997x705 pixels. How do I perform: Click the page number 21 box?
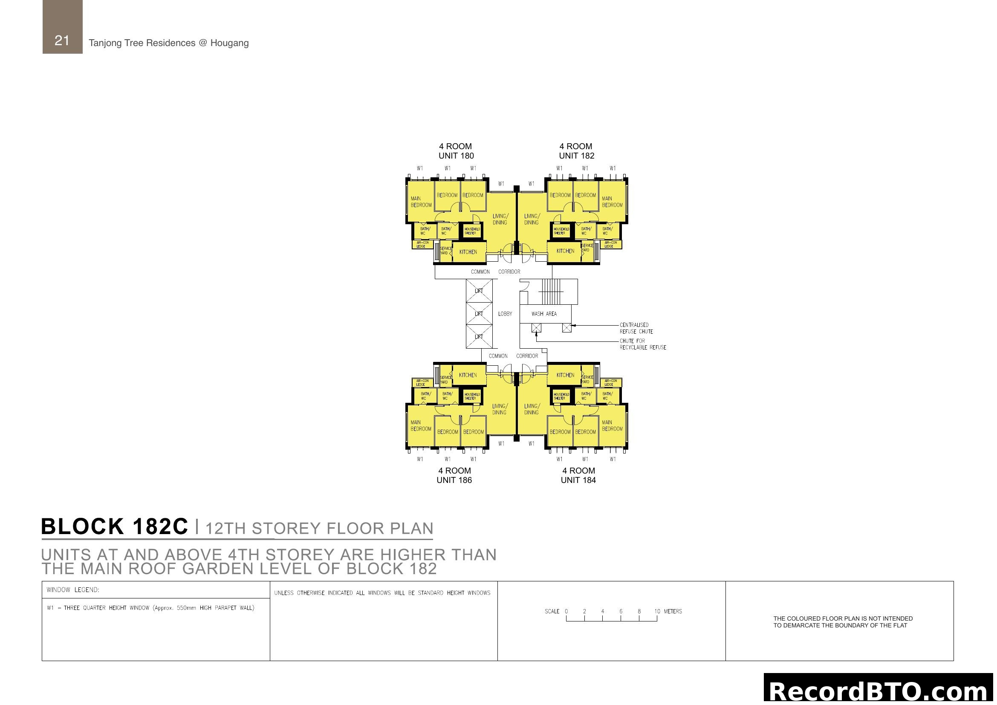tap(62, 27)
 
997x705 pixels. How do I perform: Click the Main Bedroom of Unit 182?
tap(612, 202)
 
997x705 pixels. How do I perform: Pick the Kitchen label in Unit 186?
tap(468, 375)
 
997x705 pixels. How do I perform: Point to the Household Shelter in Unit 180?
tap(472, 231)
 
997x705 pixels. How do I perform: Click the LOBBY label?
tap(505, 314)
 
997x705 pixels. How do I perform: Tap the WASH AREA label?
tap(543, 314)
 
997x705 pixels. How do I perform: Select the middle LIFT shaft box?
tap(479, 313)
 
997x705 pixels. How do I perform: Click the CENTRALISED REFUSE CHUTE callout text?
tap(636, 328)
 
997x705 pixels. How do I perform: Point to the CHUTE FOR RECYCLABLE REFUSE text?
tap(642, 344)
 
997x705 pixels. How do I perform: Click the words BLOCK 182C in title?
tap(115, 526)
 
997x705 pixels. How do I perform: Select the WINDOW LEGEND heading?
tap(73, 590)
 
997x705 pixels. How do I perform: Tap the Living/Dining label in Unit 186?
tap(500, 409)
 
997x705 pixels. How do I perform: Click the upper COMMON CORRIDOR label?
tap(495, 272)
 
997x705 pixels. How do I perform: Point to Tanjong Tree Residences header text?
tap(168, 43)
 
